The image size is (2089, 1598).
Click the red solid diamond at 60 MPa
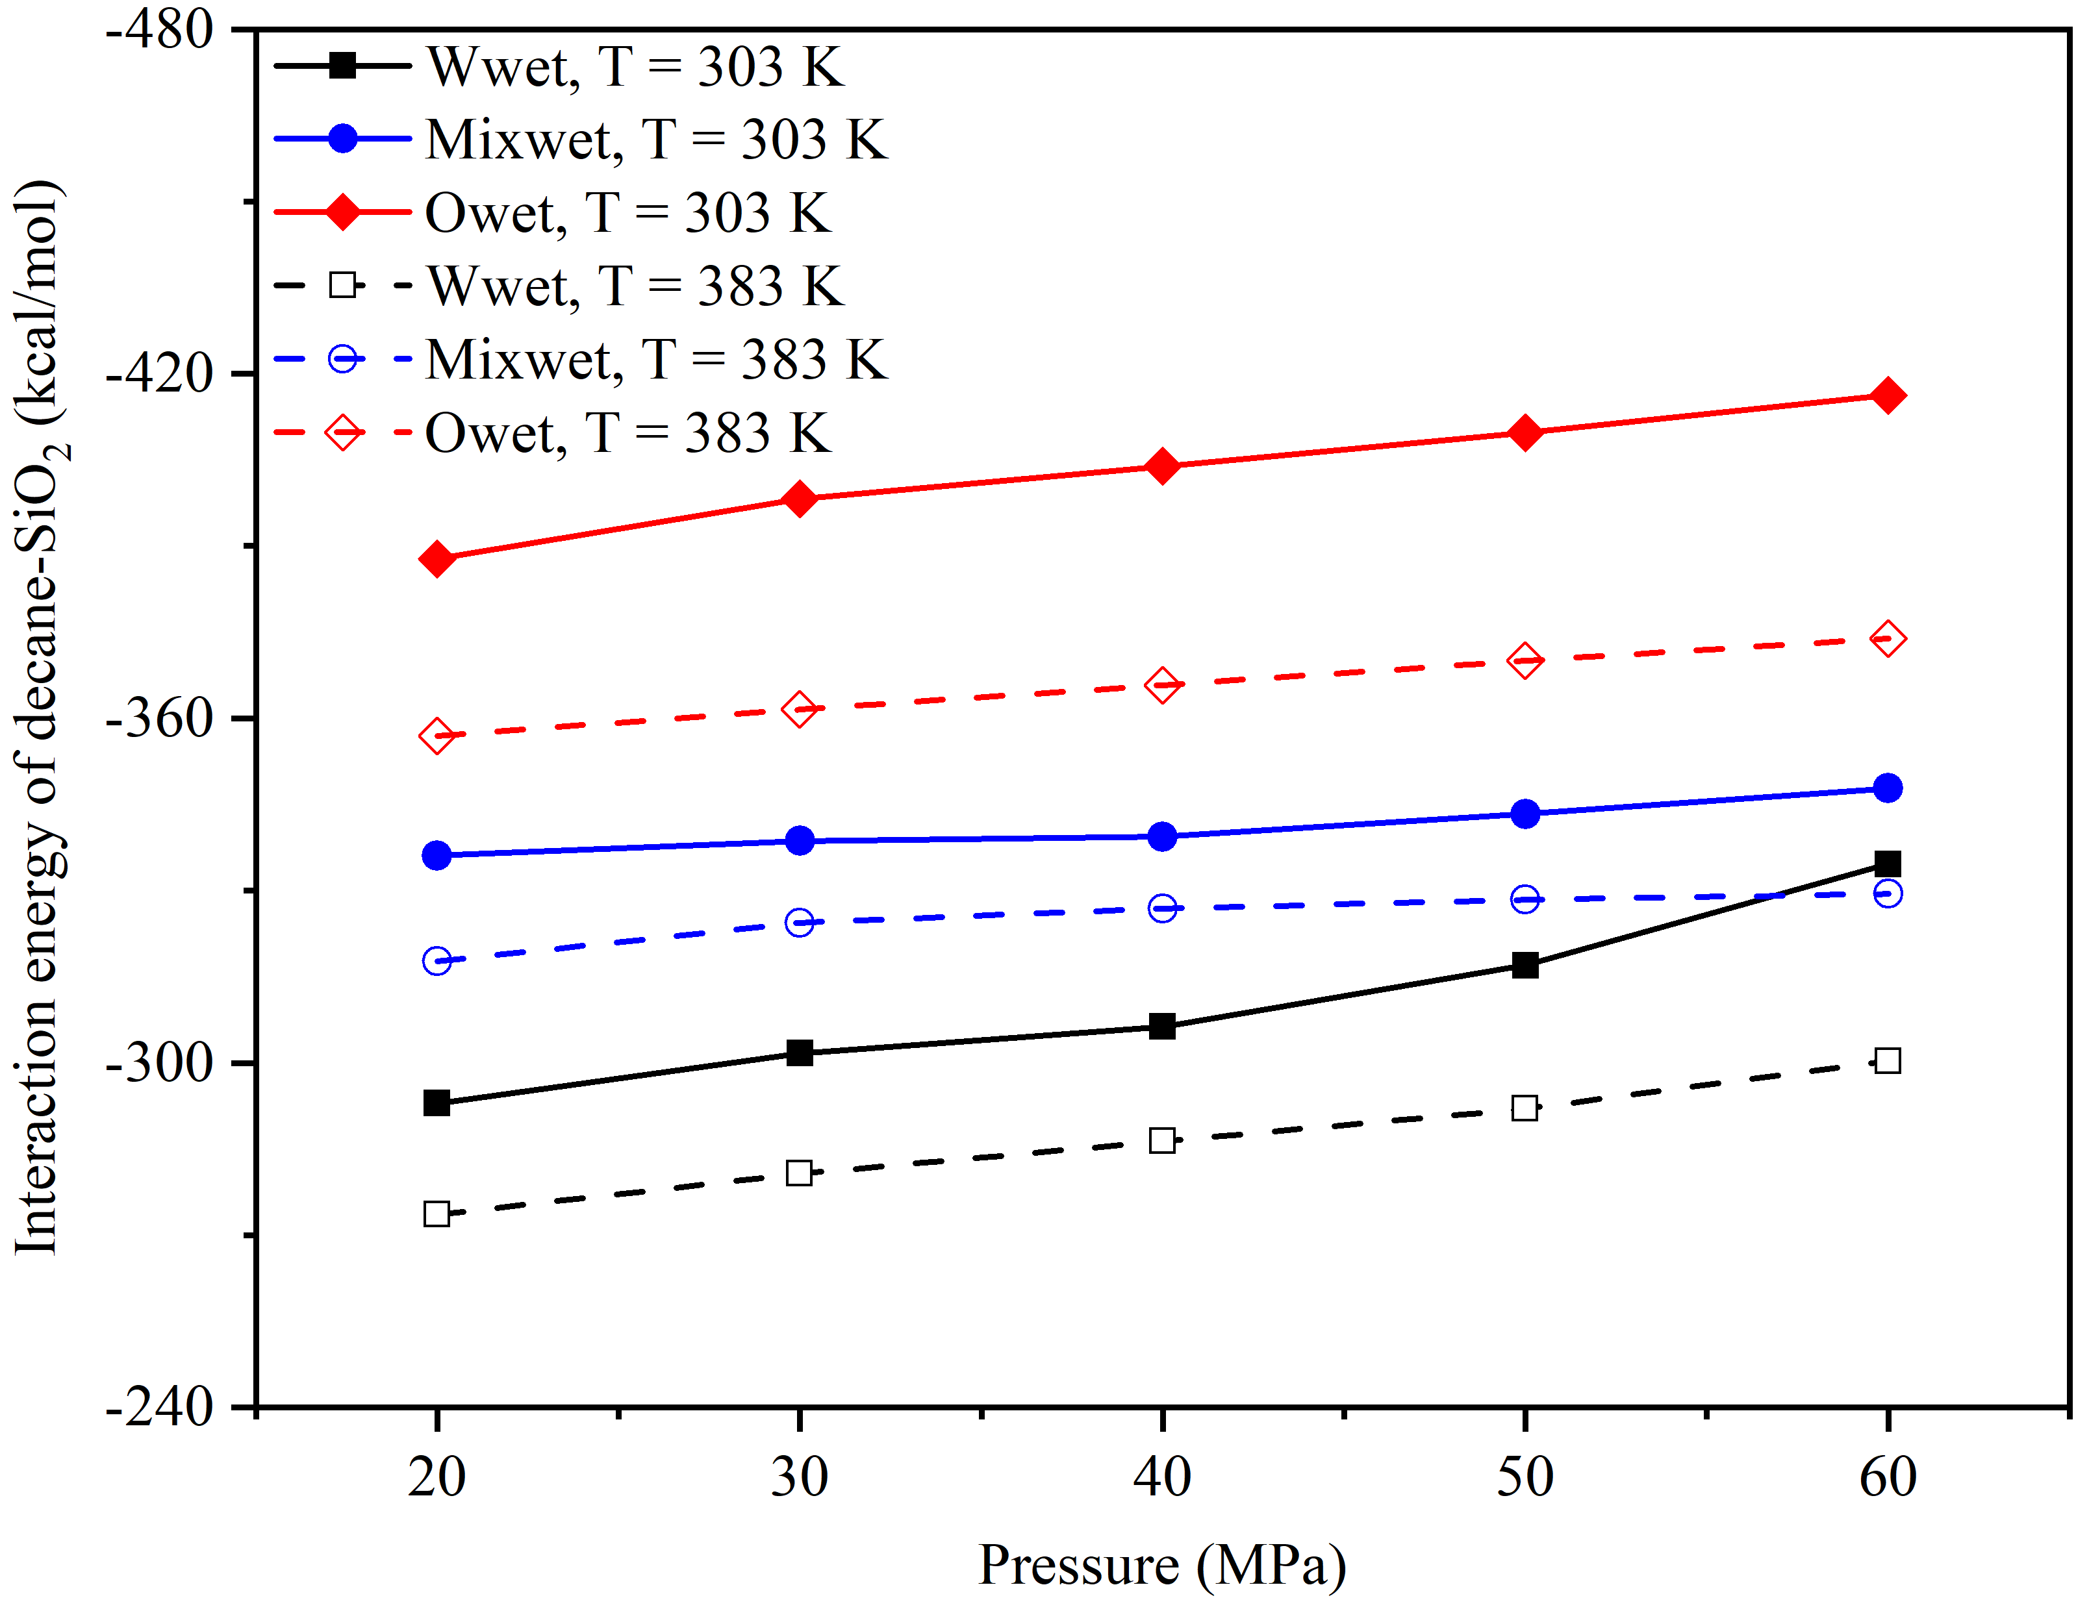pyautogui.click(x=1888, y=395)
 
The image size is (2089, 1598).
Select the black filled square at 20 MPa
pyautogui.click(x=437, y=1103)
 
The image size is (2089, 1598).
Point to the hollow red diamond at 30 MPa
pyautogui.click(x=799, y=708)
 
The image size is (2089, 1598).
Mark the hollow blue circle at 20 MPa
pyautogui.click(x=437, y=961)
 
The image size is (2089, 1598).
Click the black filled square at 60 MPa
pyautogui.click(x=1888, y=864)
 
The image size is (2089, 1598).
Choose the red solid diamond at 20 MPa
pyautogui.click(x=437, y=558)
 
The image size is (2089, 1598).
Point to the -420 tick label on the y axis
pyautogui.click(x=160, y=373)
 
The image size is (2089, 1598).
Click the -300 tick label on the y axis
pyautogui.click(x=160, y=1062)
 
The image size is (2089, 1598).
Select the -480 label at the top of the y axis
pyautogui.click(x=160, y=31)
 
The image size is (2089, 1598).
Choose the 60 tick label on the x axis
pyautogui.click(x=1888, y=1477)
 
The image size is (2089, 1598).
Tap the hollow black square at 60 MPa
pyautogui.click(x=1888, y=1060)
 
